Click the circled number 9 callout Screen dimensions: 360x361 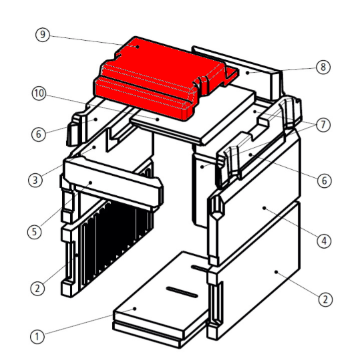[x=43, y=35]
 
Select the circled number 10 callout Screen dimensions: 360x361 [x=39, y=94]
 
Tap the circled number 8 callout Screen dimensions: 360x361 [x=323, y=67]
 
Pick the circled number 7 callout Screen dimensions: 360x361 [x=323, y=125]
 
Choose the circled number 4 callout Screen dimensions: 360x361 [x=324, y=241]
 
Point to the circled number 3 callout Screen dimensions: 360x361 [x=35, y=180]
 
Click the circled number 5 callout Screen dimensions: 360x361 [x=35, y=232]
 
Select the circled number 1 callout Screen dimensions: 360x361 [x=37, y=337]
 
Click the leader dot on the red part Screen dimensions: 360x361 [x=138, y=47]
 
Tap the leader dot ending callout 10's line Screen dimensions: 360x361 [x=158, y=120]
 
